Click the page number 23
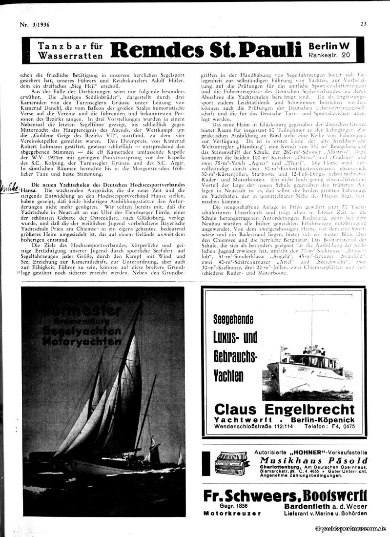(364, 23)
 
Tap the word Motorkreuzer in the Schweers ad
(232, 513)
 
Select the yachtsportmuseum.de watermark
(350, 528)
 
